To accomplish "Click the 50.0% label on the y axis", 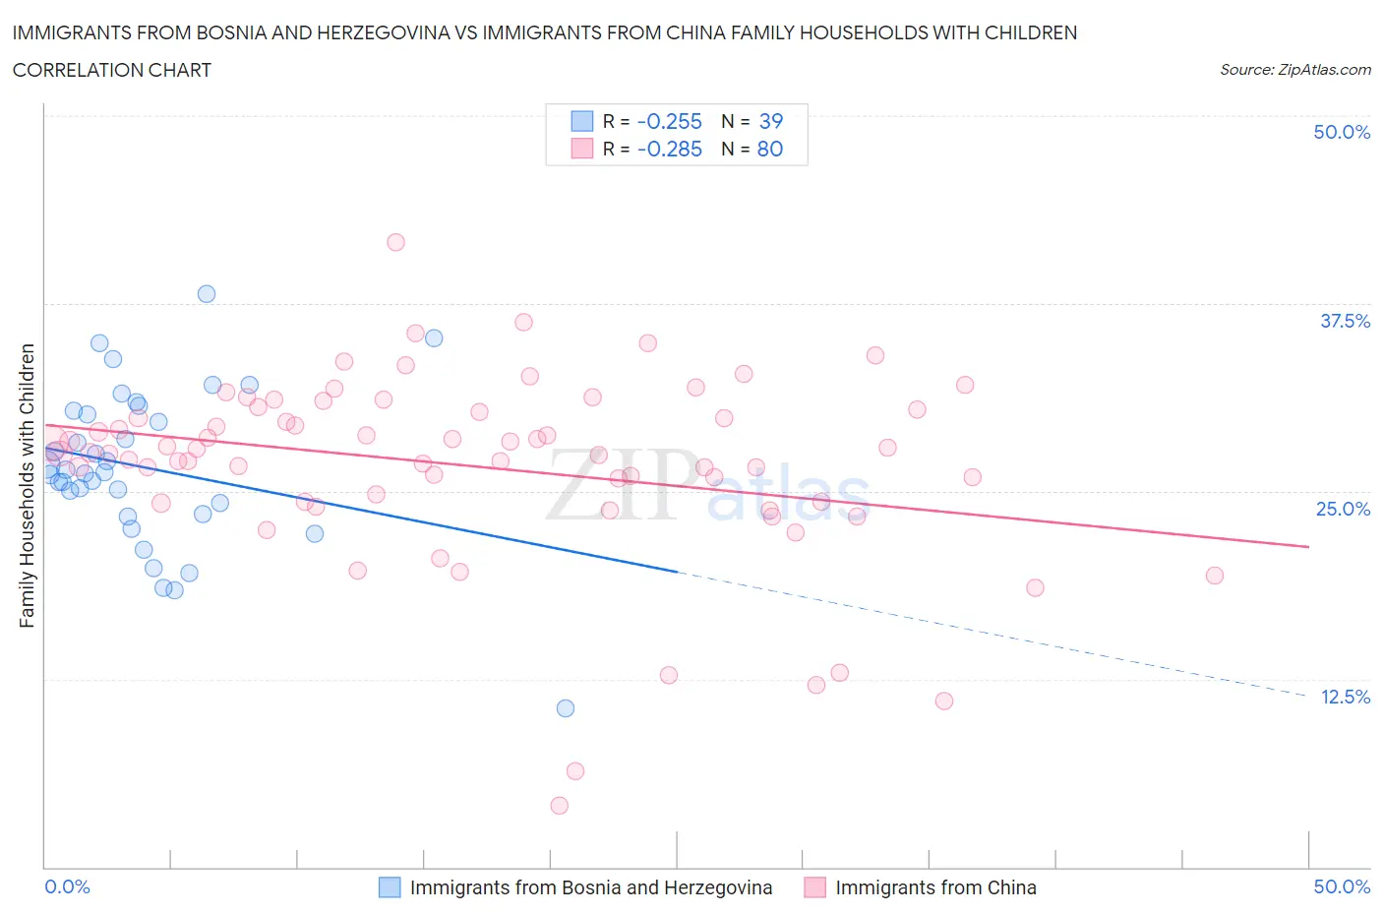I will [x=1342, y=132].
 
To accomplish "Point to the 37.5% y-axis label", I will [x=1345, y=321].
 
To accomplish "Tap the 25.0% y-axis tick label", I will [x=1343, y=509].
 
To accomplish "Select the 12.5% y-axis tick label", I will [x=1345, y=697].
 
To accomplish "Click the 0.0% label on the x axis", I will [x=67, y=886].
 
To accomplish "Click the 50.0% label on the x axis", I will [x=1342, y=886].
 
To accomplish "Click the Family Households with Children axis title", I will [x=27, y=485].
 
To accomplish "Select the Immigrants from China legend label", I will [x=935, y=887].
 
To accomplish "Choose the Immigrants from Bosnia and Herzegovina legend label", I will [x=590, y=887].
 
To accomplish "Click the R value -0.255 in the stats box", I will [x=669, y=121].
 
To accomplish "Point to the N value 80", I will [x=769, y=149].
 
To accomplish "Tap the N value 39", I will [x=770, y=121].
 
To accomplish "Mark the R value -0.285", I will [x=669, y=149].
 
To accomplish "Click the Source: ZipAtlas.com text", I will [x=1294, y=70].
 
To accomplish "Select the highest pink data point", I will [x=395, y=242].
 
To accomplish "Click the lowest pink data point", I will [x=559, y=806].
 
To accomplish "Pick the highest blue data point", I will [x=207, y=293].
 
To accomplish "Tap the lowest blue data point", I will [x=565, y=708].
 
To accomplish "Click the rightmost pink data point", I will [x=1214, y=576].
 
